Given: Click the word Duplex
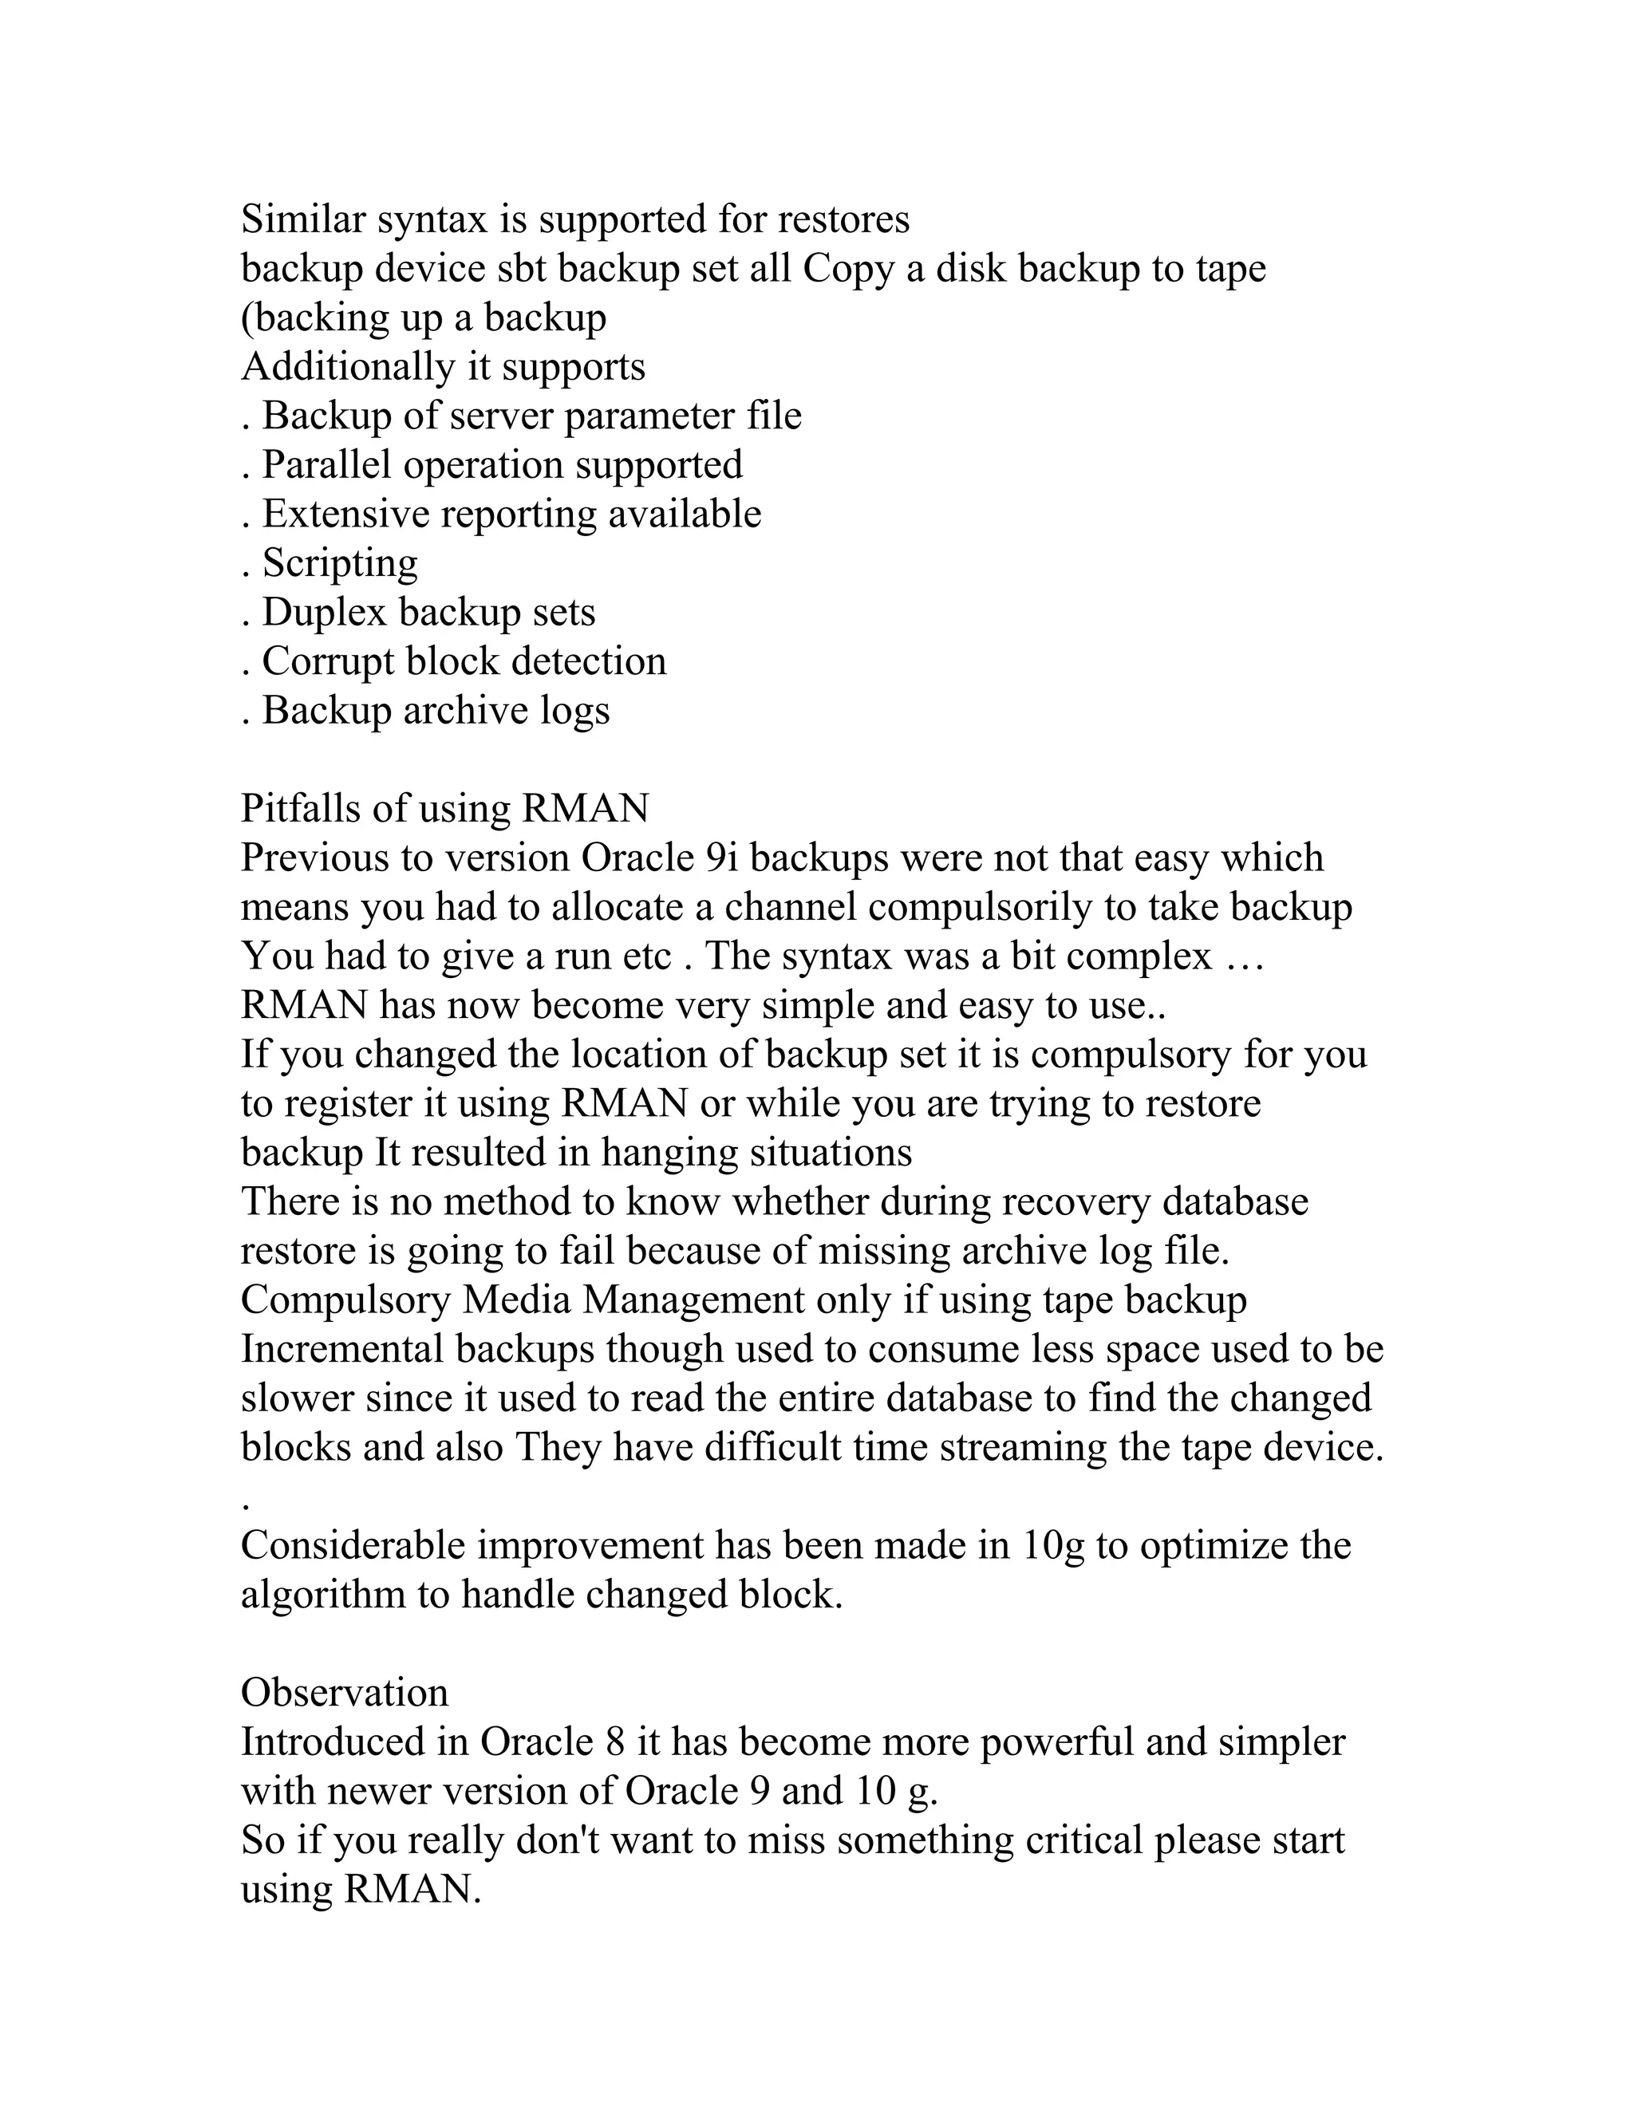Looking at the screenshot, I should pyautogui.click(x=324, y=613).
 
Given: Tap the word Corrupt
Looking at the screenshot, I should pyautogui.click(x=328, y=662).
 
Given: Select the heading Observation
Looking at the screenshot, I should pyautogui.click(x=345, y=1693).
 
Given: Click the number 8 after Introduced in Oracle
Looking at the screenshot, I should pyautogui.click(x=614, y=1742).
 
